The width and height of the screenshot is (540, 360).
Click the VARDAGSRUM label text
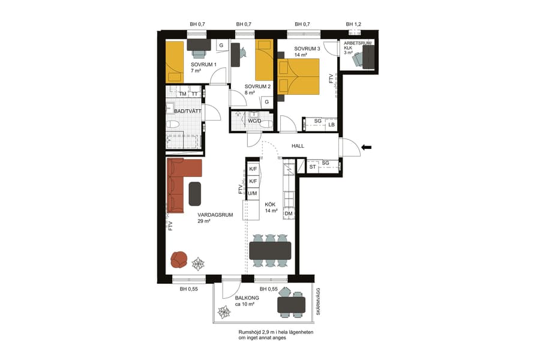point(215,215)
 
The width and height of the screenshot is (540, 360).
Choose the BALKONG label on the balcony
point(247,298)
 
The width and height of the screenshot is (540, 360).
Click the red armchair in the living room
point(179,259)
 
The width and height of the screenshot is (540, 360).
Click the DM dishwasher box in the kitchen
point(289,214)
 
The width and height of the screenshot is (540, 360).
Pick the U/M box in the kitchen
point(253,193)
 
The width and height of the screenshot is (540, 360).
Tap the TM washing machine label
point(182,94)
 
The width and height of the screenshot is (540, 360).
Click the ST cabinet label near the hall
point(313,167)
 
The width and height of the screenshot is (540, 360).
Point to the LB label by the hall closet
point(331,125)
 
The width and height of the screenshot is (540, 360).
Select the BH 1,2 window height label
point(353,24)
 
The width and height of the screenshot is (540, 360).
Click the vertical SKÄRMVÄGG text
point(319,302)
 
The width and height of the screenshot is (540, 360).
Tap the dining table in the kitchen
point(270,250)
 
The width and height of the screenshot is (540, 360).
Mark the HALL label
point(298,146)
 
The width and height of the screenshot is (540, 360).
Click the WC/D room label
point(254,121)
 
